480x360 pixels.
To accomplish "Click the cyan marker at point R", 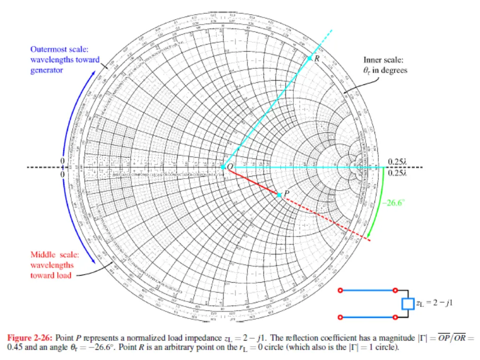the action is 310,58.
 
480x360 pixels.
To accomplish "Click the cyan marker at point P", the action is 279,195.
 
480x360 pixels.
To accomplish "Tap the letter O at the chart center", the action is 230,166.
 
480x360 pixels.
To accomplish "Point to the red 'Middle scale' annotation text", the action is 55,255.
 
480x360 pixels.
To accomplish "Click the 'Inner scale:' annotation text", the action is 383,60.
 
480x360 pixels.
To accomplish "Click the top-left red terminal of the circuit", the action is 342,291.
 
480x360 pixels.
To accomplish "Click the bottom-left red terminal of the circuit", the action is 342,317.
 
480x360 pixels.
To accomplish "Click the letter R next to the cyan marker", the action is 317,59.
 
